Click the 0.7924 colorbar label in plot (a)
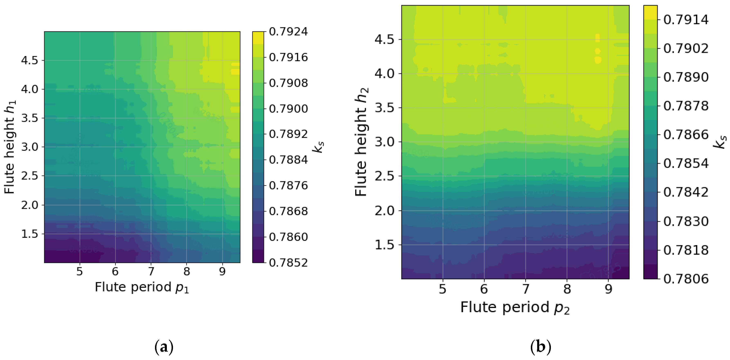(288, 31)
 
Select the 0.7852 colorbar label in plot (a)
(288, 263)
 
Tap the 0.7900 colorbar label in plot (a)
(288, 108)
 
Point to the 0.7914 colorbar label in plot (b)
(686, 20)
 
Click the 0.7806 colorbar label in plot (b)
(686, 279)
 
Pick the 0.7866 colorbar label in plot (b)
(686, 134)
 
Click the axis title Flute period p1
(142, 287)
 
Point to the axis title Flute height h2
(362, 142)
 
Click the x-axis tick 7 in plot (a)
(151, 271)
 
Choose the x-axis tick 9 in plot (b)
(608, 289)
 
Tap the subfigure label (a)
(164, 347)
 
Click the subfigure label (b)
(540, 347)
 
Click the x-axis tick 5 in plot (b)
(443, 289)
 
